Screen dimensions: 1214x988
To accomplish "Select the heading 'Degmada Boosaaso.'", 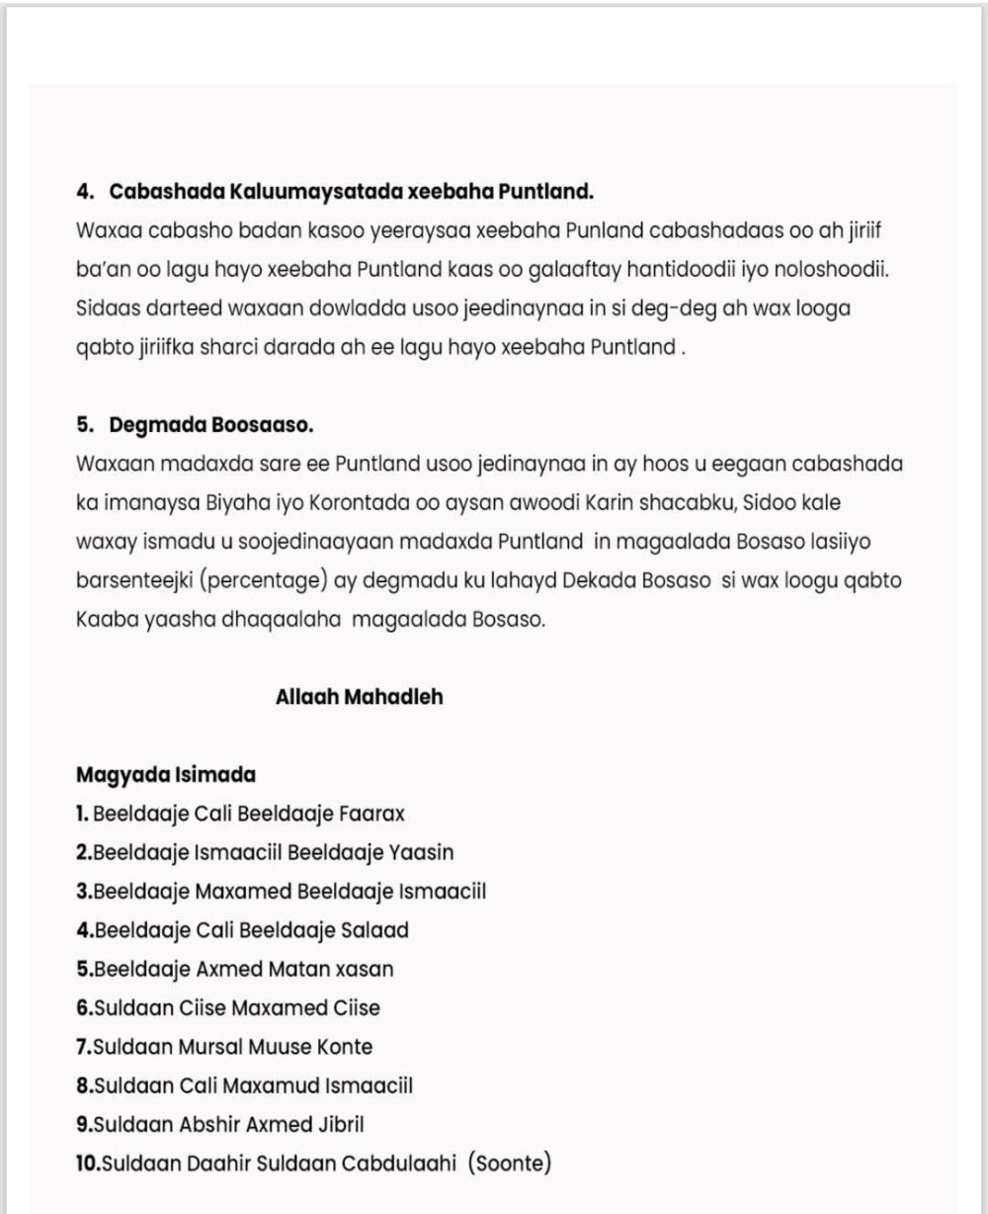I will (211, 424).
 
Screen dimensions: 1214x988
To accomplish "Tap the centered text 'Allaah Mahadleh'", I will (360, 696).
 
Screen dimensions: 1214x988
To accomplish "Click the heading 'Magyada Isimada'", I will (165, 774).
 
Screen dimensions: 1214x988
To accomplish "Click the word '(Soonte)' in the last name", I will (511, 1163).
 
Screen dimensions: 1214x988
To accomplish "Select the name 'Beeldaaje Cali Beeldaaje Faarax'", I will (248, 814).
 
